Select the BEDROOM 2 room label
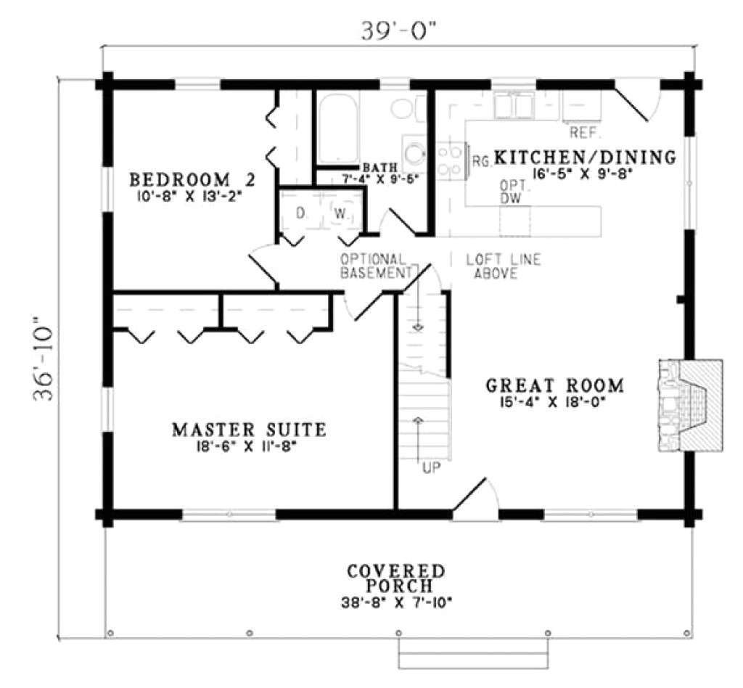pos(192,179)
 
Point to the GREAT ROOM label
pos(555,385)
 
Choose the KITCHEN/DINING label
pos(585,157)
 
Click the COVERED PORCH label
pos(395,578)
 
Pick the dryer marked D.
pos(299,213)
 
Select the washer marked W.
pos(340,213)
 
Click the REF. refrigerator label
pos(583,132)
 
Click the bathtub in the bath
pos(338,128)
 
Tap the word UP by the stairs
pos(431,468)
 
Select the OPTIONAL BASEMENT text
pos(374,266)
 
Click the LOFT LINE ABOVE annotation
pos(503,266)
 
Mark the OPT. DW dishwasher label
pos(512,192)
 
